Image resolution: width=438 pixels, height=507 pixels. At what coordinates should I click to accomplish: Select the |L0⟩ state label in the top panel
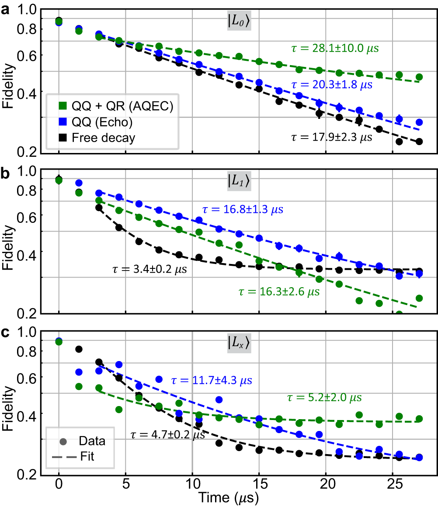tap(239, 21)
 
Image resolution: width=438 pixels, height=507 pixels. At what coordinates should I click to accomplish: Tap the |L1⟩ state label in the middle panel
tap(239, 181)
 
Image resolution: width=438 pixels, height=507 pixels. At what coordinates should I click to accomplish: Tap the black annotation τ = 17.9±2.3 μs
tap(331, 137)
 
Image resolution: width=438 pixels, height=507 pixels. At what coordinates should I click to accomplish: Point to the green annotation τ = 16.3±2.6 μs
tap(279, 292)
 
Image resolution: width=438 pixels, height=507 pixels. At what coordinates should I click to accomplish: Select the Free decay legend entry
tap(103, 138)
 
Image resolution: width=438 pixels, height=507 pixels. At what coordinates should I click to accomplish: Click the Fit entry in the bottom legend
tap(87, 458)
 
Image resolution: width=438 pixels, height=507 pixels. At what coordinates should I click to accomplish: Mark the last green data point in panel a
tap(419, 77)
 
